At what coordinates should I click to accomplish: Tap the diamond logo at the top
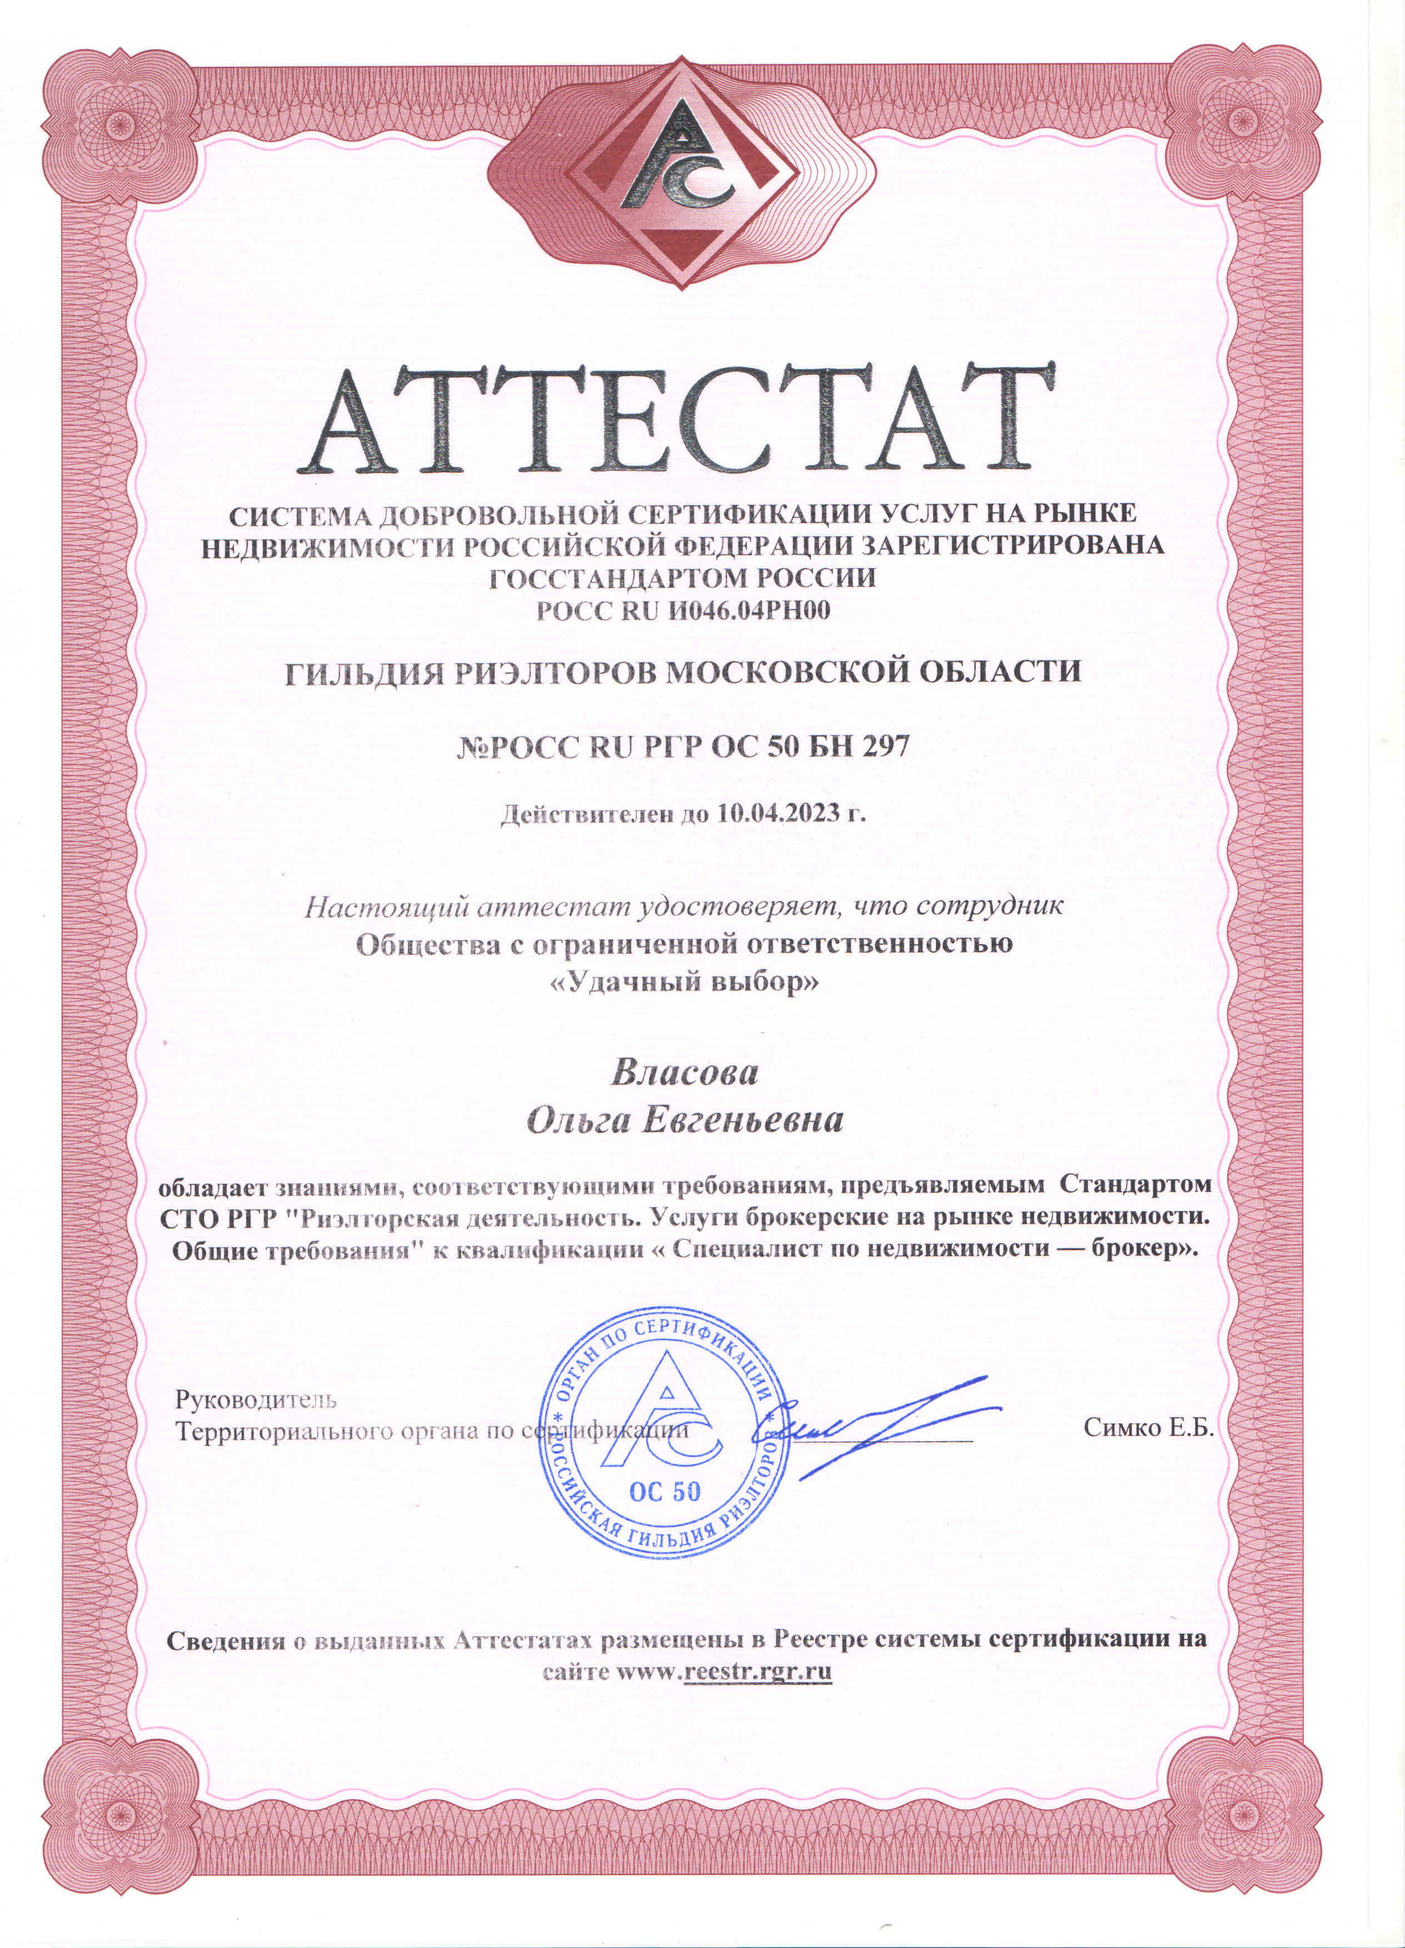(682, 172)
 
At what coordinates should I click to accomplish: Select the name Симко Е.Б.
(1147, 1428)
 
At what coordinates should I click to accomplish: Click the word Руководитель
(256, 1399)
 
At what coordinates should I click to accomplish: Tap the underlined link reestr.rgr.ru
(758, 1672)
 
